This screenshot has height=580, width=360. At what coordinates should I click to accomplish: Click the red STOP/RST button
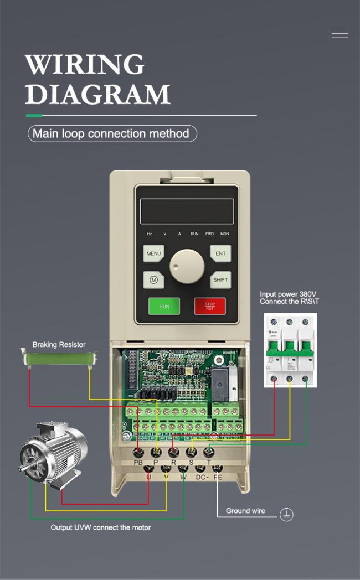[x=210, y=306]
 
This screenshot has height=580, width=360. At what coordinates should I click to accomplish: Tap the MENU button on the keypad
[x=153, y=254]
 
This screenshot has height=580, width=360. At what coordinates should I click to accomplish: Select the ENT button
[x=220, y=254]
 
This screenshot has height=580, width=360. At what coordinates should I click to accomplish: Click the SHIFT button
[x=220, y=279]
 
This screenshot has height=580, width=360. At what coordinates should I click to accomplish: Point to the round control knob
[x=187, y=266]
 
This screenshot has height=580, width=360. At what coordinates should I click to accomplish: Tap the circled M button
[x=153, y=279]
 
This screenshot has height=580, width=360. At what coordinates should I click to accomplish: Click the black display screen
[x=187, y=211]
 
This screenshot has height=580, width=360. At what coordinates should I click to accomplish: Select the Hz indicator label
[x=150, y=234]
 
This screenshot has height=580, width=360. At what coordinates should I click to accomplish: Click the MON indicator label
[x=224, y=234]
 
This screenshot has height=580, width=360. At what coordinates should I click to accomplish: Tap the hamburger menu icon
[x=340, y=34]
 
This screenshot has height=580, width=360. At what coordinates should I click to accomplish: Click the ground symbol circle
[x=286, y=515]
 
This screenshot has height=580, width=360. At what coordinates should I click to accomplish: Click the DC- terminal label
[x=202, y=477]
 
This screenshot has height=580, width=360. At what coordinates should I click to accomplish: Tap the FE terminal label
[x=218, y=477]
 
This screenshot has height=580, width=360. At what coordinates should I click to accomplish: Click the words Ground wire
[x=245, y=511]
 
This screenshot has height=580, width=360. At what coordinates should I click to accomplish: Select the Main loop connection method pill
[x=112, y=133]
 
